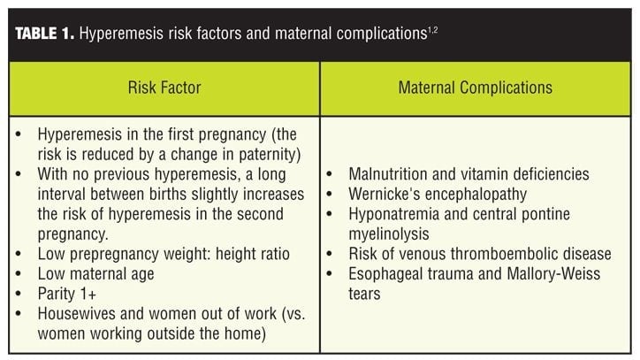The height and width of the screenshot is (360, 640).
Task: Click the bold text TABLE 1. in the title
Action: tap(45, 33)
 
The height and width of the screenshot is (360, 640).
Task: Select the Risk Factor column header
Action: tap(164, 88)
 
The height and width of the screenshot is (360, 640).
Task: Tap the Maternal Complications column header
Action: tap(475, 88)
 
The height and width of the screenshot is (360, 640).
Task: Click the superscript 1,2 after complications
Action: tap(432, 29)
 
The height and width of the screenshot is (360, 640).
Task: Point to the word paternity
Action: tap(267, 155)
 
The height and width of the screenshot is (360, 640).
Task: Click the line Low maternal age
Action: tap(96, 274)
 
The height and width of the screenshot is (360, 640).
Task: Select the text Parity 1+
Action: tap(67, 294)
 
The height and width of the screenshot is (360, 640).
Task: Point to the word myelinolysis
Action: tap(389, 234)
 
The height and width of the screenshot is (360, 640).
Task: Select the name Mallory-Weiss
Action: tap(553, 274)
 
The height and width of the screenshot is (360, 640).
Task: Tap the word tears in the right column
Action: tap(364, 294)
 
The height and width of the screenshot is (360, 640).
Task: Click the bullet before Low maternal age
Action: tap(19, 274)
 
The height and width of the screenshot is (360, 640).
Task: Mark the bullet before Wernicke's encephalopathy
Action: tap(330, 194)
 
